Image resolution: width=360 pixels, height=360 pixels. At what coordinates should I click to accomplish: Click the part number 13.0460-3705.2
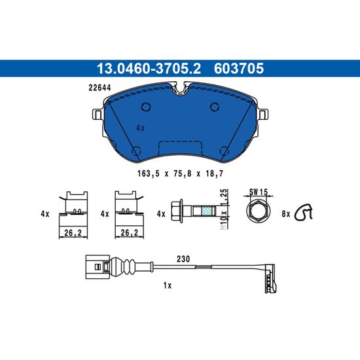[149, 69]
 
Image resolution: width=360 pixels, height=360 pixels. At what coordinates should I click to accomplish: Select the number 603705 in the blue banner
[239, 69]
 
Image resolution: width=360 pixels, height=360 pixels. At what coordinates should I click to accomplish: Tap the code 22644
[99, 88]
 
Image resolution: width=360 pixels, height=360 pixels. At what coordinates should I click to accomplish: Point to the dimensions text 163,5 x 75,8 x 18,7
[180, 173]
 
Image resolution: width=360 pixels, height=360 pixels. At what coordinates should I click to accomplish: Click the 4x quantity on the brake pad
[140, 128]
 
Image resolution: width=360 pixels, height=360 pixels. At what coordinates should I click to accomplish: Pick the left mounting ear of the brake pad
[98, 115]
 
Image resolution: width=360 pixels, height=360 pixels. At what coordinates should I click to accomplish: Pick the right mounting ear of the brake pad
[263, 115]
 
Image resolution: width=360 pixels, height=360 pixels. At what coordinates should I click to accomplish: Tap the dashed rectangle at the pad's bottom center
[181, 148]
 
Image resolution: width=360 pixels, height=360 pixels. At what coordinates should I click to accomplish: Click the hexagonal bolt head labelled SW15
[259, 211]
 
